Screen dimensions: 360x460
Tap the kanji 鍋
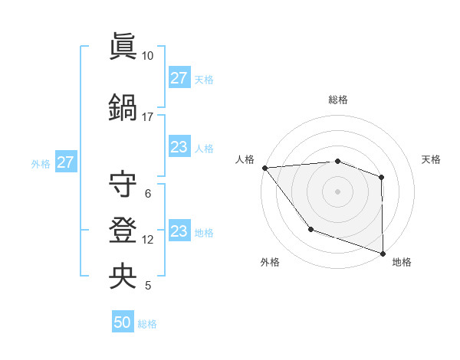pos(123,106)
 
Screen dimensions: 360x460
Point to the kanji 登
pos(123,231)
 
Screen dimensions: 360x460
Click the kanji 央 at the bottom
pos(123,276)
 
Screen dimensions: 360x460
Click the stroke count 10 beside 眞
pos(148,56)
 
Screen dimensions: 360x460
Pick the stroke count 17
pos(148,117)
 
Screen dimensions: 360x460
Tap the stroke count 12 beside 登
pos(148,240)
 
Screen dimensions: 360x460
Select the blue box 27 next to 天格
pos(179,78)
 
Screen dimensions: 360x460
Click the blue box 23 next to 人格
pos(179,147)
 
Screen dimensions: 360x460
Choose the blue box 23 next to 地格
pos(179,231)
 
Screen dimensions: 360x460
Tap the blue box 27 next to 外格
pos(65,162)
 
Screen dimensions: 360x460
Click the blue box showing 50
pos(123,322)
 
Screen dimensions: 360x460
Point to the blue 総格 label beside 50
pos(147,324)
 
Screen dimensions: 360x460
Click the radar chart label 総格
pos(338,100)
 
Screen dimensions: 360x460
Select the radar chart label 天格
pos(432,159)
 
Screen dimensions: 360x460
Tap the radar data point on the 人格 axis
pos(264,168)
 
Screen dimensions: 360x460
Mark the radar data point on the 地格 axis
pos(383,253)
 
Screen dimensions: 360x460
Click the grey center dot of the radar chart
pos(338,191)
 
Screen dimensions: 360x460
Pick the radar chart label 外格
pos(270,262)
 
